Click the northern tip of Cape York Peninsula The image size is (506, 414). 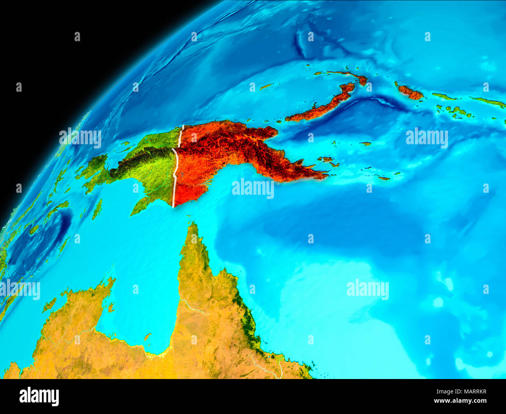(192, 225)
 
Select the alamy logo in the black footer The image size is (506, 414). (39, 397)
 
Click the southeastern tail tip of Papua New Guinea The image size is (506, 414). (325, 176)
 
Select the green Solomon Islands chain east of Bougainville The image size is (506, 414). (453, 111)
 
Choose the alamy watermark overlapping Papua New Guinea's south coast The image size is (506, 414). (253, 189)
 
